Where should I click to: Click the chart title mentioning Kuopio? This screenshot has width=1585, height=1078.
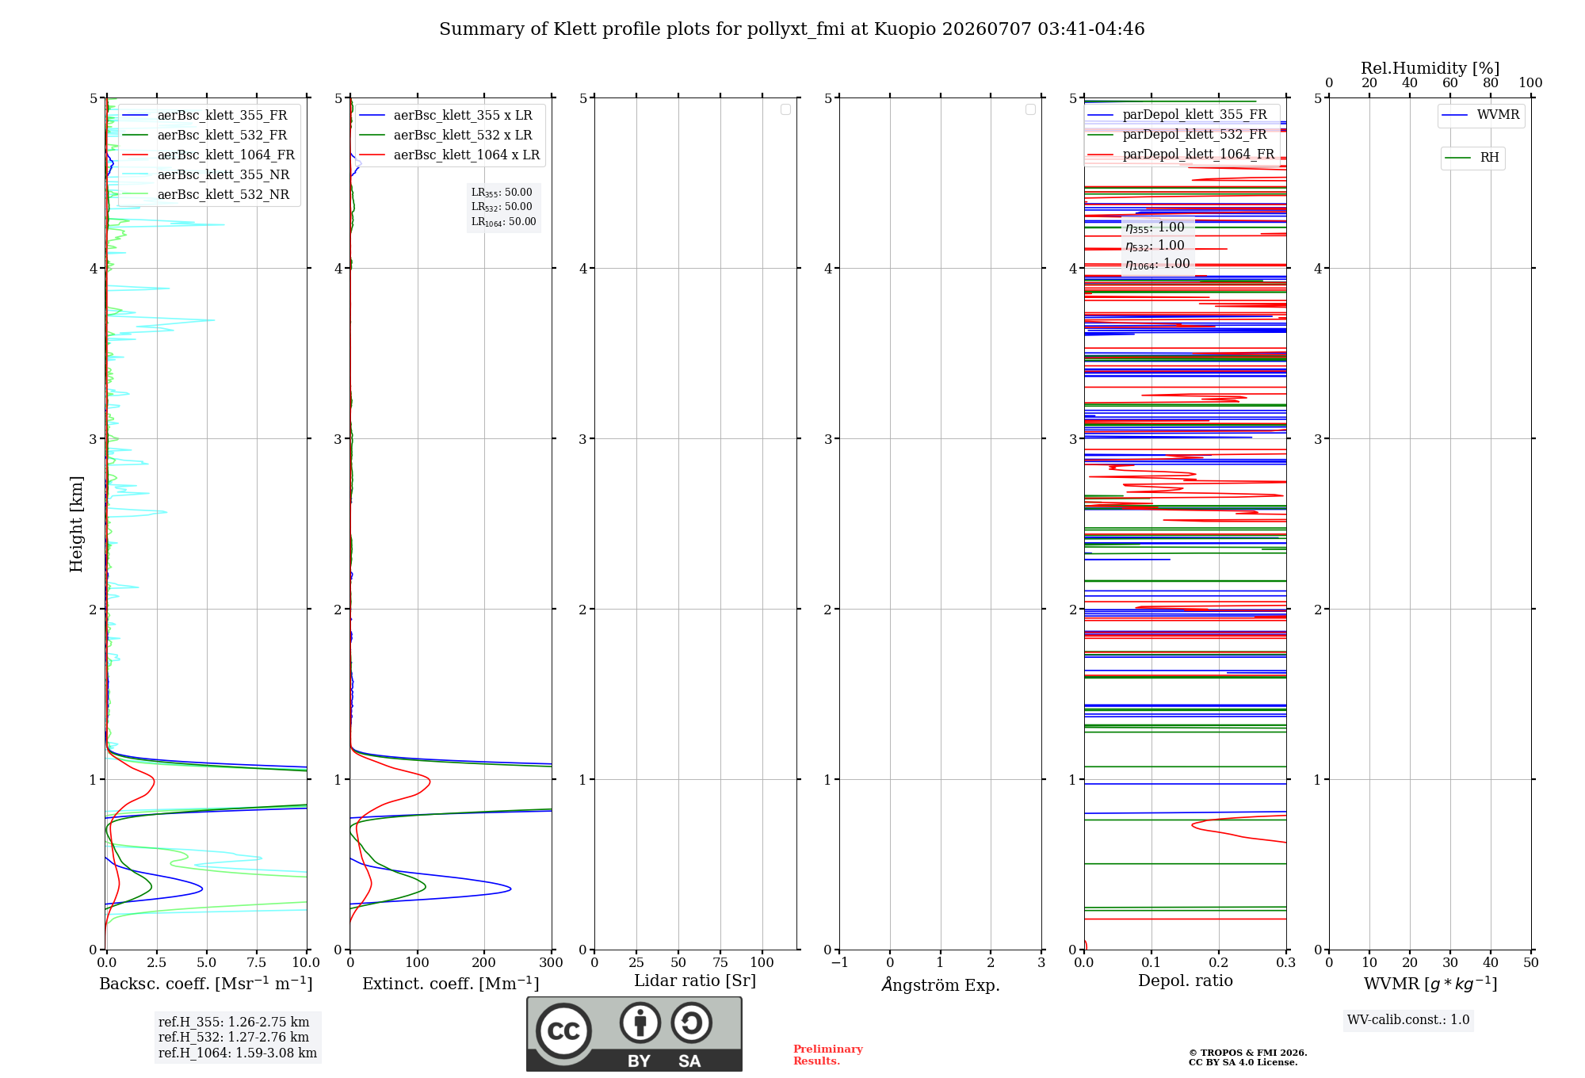click(x=792, y=29)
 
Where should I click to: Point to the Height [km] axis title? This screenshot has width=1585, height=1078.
click(x=76, y=524)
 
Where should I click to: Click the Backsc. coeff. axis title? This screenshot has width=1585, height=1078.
click(x=206, y=984)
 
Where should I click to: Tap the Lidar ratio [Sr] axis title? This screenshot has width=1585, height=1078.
click(x=695, y=981)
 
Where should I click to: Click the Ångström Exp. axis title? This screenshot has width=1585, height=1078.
click(x=941, y=984)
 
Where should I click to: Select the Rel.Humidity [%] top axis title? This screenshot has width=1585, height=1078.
click(x=1430, y=68)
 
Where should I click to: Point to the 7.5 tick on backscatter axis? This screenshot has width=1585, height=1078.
click(x=257, y=962)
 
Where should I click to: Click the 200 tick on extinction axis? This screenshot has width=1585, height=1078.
click(x=484, y=962)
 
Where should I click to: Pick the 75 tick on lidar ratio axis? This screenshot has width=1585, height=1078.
click(x=720, y=962)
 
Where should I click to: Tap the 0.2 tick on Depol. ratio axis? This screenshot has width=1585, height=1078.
click(x=1219, y=962)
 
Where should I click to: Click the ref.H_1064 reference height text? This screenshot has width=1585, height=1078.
click(x=238, y=1053)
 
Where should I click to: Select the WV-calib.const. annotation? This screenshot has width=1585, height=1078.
click(x=1408, y=1020)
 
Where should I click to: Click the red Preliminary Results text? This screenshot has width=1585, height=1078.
click(x=828, y=1055)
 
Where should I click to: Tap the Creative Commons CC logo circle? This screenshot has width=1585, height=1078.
click(x=563, y=1031)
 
